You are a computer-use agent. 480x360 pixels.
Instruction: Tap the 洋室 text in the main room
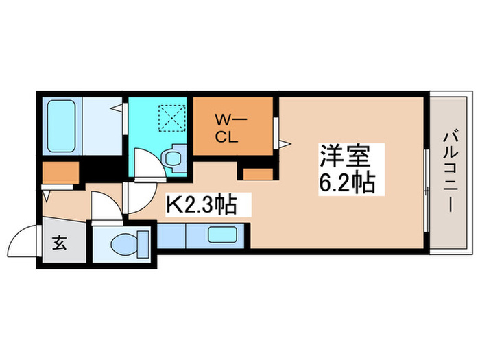[344, 158]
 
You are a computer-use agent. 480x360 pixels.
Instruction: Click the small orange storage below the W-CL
[258, 172]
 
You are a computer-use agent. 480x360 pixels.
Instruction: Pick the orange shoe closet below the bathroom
[60, 173]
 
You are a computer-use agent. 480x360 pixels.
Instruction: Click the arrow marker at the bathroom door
[118, 108]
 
